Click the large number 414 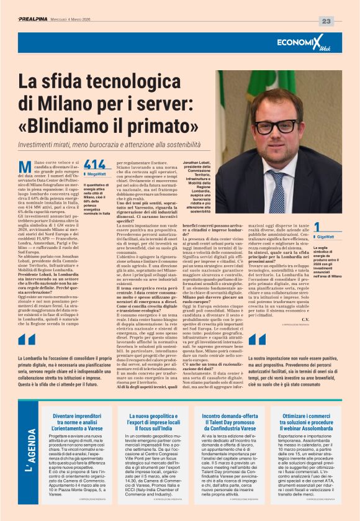(x=94, y=165)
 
